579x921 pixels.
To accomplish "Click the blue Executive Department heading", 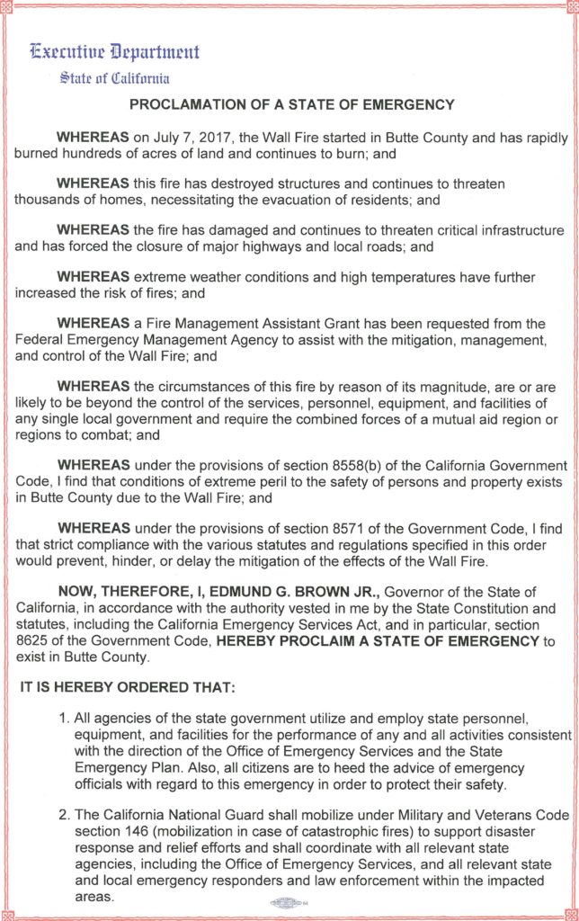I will (x=115, y=51).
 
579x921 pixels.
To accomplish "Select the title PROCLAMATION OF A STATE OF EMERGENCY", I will (x=292, y=104).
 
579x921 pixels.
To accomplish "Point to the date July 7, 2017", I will (x=186, y=138).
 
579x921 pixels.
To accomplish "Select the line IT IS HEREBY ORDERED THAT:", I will (x=127, y=689).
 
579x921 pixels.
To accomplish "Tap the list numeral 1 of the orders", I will (x=64, y=720).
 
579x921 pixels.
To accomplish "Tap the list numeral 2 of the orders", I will (x=64, y=814).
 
